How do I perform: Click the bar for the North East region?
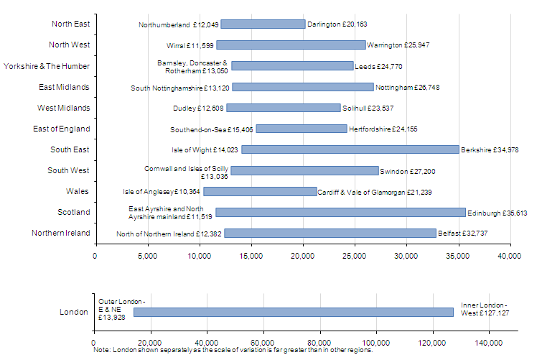pos(263,24)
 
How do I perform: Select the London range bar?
pos(293,312)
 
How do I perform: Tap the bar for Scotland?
pos(340,212)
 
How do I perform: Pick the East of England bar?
pos(302,129)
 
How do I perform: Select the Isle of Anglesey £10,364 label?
pos(162,192)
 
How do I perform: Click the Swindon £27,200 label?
pos(408,172)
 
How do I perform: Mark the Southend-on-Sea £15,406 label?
pos(211,129)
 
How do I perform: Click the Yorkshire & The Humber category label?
pos(47,66)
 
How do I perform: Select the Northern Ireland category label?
pos(61,233)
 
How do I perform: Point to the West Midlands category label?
pos(64,108)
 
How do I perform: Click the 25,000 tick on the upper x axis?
pos(355,254)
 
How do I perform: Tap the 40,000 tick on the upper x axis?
pos(510,254)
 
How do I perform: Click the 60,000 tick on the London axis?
pos(263,342)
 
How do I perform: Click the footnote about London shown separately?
pos(233,351)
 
